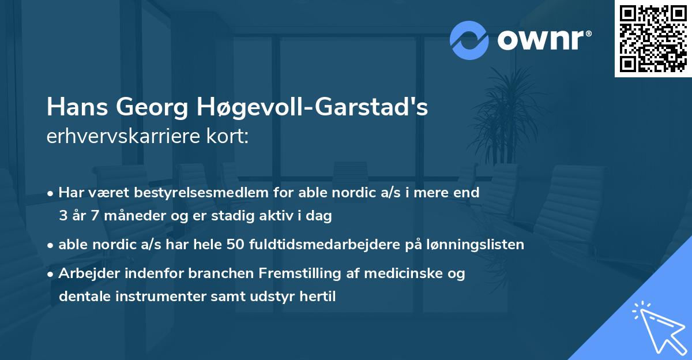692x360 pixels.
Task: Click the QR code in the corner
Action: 652,38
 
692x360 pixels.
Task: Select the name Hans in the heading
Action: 76,107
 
